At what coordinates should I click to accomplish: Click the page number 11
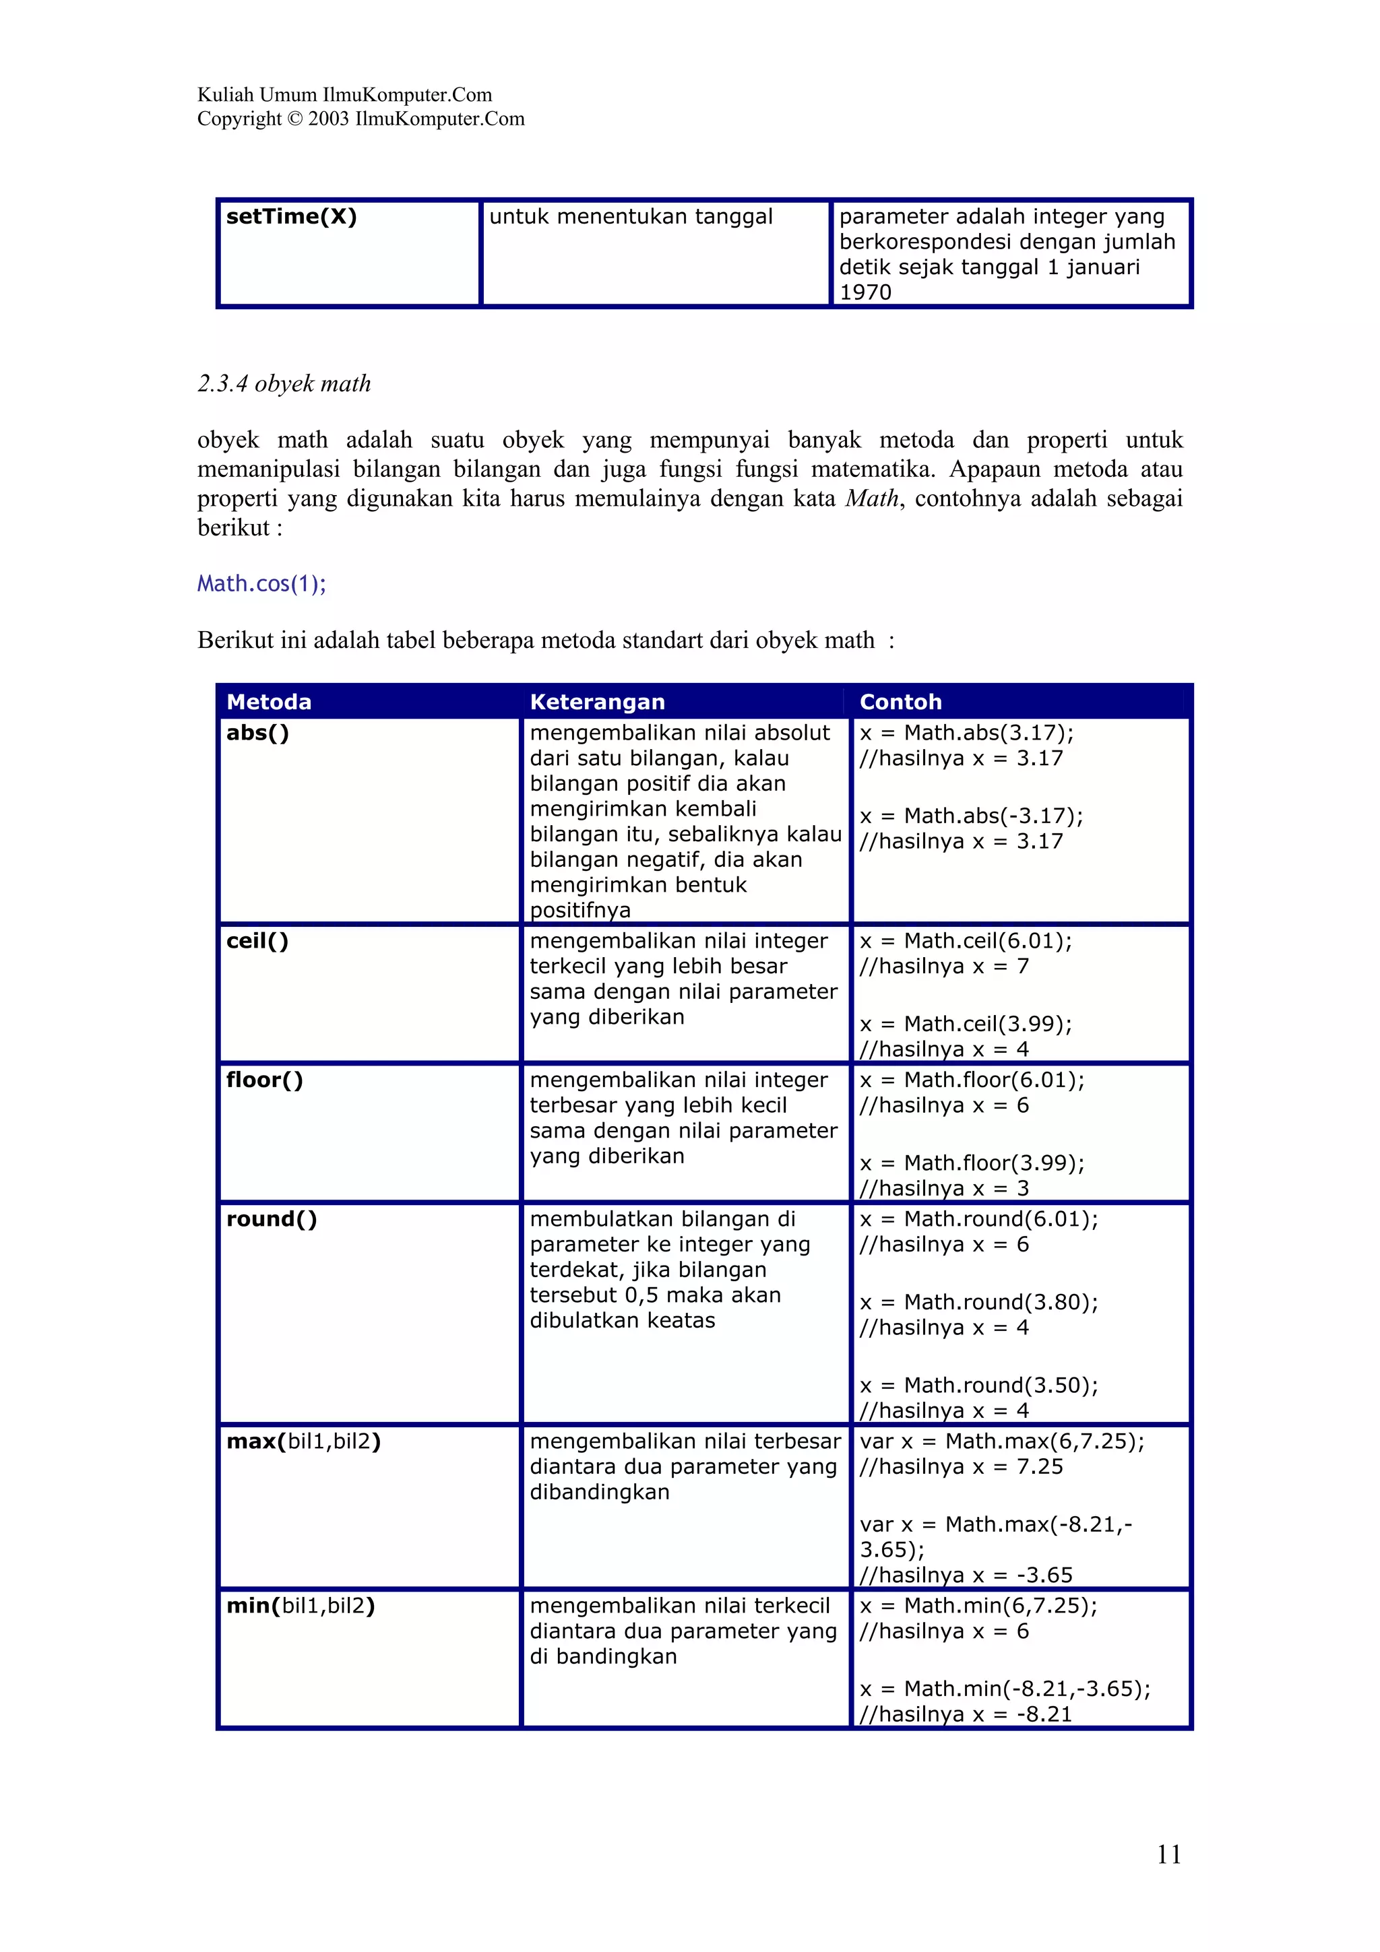click(1168, 1854)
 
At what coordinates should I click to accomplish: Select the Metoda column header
click(269, 701)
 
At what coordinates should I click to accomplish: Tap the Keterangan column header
click(597, 701)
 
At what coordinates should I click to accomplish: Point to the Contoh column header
click(900, 701)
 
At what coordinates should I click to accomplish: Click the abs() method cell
click(257, 733)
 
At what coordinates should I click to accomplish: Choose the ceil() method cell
click(257, 941)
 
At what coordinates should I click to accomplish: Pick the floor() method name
click(264, 1080)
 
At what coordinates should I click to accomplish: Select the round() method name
click(272, 1219)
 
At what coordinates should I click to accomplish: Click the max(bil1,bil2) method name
click(303, 1441)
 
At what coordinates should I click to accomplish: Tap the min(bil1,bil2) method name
click(300, 1605)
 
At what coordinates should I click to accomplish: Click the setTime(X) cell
click(292, 217)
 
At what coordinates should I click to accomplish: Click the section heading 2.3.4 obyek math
click(284, 383)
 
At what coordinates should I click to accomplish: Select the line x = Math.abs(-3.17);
click(971, 816)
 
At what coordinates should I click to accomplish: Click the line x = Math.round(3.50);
click(978, 1385)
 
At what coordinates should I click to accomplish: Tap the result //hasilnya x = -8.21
click(966, 1714)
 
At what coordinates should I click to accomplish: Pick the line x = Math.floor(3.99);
click(972, 1163)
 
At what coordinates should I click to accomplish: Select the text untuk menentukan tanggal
click(631, 217)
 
